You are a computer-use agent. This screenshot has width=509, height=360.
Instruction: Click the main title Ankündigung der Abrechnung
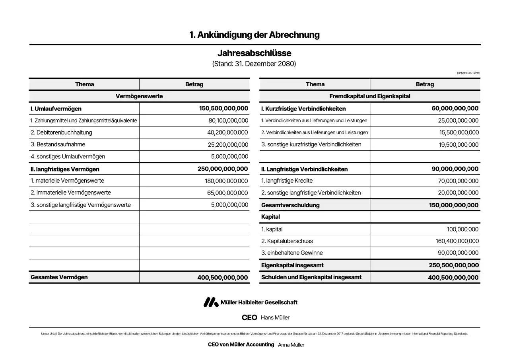tap(254, 35)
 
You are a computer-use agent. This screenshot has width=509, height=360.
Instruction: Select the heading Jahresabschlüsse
tap(254, 53)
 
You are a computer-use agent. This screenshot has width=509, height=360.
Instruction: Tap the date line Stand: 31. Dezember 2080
tap(254, 64)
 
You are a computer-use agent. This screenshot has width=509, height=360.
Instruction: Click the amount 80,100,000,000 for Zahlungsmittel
tap(228, 121)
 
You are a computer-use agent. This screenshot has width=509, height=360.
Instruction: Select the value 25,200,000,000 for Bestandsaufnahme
tap(228, 145)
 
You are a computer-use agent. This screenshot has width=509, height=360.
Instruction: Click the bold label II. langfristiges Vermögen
tap(65, 169)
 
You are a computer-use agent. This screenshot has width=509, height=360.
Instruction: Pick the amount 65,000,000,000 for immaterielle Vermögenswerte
tap(228, 193)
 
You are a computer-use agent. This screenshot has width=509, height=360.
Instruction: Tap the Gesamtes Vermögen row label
tap(59, 277)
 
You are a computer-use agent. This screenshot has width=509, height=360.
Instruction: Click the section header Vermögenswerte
tap(139, 96)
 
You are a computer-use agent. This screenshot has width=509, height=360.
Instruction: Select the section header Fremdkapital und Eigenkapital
tap(369, 96)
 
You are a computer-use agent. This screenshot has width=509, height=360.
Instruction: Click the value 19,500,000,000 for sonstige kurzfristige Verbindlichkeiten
tap(458, 145)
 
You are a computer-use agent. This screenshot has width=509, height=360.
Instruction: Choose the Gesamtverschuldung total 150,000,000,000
tap(454, 205)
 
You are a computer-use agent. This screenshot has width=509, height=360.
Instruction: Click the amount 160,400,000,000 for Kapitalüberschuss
tap(457, 241)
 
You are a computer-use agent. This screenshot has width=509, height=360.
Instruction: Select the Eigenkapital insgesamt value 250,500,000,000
tap(454, 265)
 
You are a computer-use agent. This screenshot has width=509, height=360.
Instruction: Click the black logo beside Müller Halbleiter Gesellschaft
tap(211, 302)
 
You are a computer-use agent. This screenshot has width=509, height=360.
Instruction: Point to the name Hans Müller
tap(275, 317)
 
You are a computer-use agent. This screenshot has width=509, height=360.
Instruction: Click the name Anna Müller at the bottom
tap(291, 345)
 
